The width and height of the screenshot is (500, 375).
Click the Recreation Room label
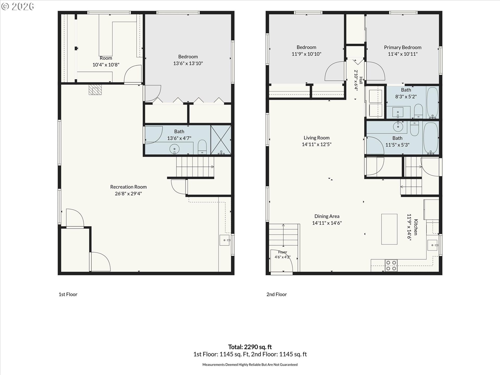128,187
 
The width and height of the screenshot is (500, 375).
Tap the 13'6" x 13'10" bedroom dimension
188,63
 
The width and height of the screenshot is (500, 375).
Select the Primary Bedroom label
403,47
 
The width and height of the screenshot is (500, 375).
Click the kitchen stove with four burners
391,265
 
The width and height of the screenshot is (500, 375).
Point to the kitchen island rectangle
389,229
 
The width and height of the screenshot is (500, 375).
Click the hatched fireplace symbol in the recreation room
95,90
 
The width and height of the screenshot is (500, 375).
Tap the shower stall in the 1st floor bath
221,140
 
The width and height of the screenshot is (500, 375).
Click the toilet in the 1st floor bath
202,147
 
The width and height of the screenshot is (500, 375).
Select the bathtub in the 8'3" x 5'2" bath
433,103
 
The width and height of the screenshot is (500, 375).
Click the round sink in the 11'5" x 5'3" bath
398,127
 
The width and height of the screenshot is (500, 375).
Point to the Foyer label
283,252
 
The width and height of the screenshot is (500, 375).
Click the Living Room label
316,138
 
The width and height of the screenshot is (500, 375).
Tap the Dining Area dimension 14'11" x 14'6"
327,223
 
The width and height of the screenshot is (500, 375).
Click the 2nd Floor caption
277,294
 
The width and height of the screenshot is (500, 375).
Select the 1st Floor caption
68,294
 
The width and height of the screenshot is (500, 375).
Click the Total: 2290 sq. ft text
250,347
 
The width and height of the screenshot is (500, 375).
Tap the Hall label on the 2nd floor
361,80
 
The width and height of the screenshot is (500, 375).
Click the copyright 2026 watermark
17,7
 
